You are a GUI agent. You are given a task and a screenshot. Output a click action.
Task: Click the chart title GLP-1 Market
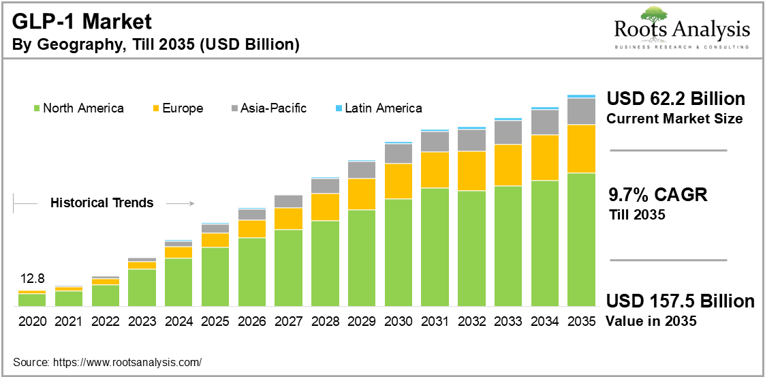pos(82,21)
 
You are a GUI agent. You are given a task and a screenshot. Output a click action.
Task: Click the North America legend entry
pos(78,108)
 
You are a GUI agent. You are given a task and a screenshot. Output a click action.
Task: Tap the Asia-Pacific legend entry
pos(269,108)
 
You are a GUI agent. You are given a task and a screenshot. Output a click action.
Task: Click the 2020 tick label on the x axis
pos(31,320)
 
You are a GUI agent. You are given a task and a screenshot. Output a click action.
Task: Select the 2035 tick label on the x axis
pos(581,320)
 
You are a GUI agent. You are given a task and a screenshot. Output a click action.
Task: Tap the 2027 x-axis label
pos(288,320)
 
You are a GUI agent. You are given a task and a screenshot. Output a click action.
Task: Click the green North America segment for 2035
pos(581,239)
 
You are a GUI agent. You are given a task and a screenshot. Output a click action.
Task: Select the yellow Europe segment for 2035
pos(581,149)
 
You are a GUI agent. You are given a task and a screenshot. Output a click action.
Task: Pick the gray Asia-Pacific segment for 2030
pos(398,153)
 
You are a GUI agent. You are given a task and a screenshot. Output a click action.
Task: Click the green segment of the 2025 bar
pos(215,276)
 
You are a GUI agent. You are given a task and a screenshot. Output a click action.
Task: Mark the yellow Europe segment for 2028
pos(325,207)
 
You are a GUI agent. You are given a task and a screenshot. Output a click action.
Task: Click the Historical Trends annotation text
pos(102,202)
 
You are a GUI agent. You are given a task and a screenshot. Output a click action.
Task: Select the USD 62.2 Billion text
pos(676,99)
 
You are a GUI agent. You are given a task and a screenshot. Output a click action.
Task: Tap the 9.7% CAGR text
pos(657,195)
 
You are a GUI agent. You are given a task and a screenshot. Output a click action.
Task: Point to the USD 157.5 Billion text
pos(680,301)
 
